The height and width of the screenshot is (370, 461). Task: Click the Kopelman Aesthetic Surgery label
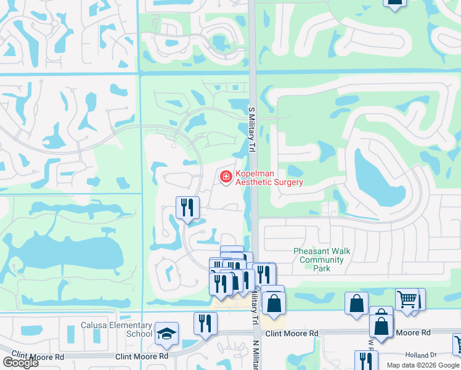(269, 178)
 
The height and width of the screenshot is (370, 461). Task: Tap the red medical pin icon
(226, 178)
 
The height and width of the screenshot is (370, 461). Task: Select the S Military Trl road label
(251, 129)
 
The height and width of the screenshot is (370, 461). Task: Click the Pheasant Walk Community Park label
(322, 260)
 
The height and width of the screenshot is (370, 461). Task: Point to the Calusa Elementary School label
(116, 329)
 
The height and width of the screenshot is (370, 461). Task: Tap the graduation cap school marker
(166, 334)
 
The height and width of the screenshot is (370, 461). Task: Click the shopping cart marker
(407, 300)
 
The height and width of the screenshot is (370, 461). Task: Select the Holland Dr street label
(421, 355)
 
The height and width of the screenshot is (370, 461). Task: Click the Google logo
(20, 363)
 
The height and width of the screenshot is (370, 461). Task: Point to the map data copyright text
(423, 365)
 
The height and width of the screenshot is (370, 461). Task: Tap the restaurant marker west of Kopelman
(187, 207)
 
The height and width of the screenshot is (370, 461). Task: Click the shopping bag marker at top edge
(394, 2)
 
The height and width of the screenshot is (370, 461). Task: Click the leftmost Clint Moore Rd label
(38, 357)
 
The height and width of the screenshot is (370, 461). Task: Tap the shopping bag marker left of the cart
(357, 303)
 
